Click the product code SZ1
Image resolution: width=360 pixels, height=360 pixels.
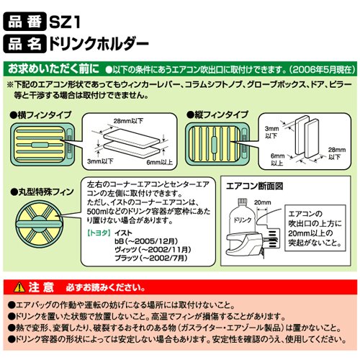(64, 22)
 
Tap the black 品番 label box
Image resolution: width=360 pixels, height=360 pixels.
(24, 22)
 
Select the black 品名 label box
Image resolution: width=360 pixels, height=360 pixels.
(24, 44)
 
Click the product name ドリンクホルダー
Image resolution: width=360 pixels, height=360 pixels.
(99, 44)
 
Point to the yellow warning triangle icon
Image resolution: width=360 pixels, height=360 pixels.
(19, 287)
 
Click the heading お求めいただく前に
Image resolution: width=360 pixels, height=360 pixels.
(53, 69)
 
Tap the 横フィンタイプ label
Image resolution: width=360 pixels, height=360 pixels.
(40, 115)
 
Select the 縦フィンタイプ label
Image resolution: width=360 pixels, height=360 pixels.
(217, 115)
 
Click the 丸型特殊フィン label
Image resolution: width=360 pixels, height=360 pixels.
(42, 192)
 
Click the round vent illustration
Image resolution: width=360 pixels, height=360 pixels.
(38, 225)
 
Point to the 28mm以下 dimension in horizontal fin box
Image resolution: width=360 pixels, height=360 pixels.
(129, 121)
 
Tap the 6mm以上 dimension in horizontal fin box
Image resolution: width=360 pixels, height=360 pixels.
(160, 162)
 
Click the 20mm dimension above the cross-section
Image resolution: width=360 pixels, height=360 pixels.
(263, 202)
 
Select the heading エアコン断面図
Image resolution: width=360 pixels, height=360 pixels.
(255, 186)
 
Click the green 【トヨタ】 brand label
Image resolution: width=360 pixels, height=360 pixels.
(99, 233)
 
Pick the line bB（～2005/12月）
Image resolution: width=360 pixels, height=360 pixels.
(146, 241)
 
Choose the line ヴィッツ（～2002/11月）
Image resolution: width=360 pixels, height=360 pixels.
(153, 250)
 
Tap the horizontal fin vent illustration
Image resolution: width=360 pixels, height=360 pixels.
(42, 144)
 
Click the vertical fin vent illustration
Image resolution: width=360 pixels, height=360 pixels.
(217, 144)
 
